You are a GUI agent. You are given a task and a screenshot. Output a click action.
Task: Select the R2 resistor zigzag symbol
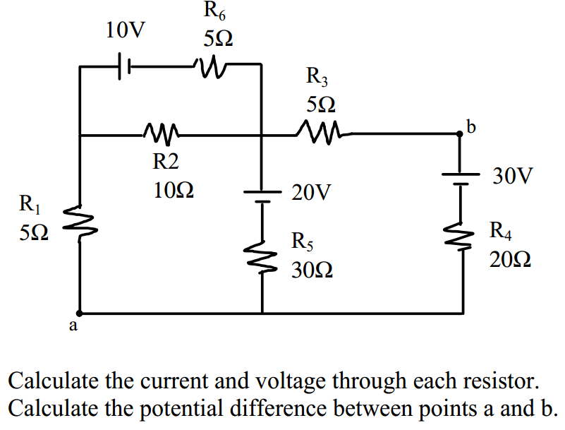[x=162, y=132]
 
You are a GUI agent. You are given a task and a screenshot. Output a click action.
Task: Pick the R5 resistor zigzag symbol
[x=262, y=257]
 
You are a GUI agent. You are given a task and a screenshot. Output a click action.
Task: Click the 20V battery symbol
[x=262, y=196]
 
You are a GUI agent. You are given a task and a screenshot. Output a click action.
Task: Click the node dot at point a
[x=80, y=312]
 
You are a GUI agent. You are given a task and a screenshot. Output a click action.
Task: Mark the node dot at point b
[x=461, y=134]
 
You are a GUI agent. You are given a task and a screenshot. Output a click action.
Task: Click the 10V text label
[x=126, y=30]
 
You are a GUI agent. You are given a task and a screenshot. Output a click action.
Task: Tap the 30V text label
[x=514, y=176]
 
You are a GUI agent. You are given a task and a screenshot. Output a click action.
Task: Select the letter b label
[x=471, y=127]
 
